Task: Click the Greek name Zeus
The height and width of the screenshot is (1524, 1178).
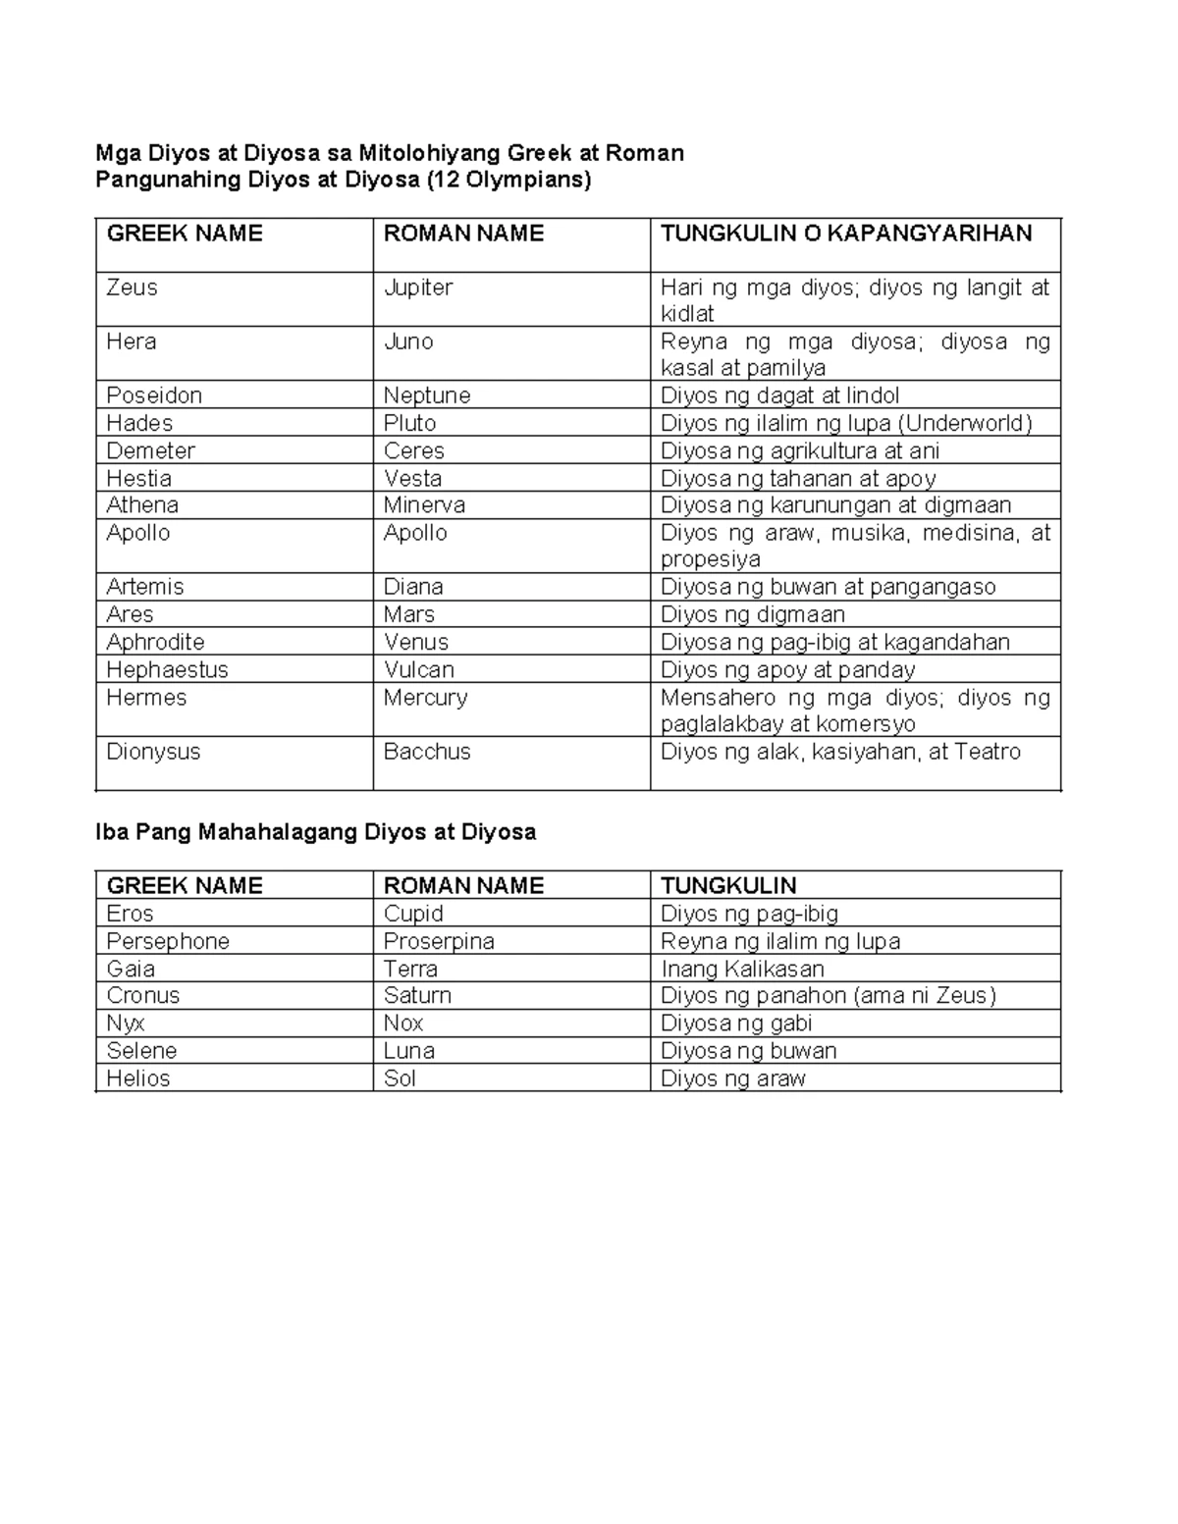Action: (x=133, y=288)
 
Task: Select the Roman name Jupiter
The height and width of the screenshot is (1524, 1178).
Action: (x=418, y=288)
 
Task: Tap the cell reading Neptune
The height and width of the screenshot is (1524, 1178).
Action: (x=427, y=395)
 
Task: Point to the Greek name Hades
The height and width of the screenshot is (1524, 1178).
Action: (x=139, y=423)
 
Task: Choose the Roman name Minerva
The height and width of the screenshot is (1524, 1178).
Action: (x=424, y=505)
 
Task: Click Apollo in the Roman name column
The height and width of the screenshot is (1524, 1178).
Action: (x=415, y=533)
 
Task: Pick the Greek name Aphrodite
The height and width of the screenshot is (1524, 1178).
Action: (x=156, y=642)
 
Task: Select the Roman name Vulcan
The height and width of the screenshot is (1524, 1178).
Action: (x=419, y=669)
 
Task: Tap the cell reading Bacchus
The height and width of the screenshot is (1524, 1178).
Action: (x=427, y=752)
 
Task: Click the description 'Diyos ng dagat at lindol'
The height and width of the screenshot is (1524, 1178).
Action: (x=779, y=395)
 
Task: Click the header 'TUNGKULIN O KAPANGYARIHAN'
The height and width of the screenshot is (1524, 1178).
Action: (x=846, y=234)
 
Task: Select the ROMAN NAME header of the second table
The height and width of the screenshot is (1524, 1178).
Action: (x=463, y=885)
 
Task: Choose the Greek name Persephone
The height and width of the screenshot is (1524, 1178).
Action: (x=168, y=941)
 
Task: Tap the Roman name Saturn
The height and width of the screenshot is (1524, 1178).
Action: (x=417, y=995)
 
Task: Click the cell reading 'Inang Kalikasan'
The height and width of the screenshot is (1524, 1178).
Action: (x=742, y=969)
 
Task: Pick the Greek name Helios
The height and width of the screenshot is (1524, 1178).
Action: (x=138, y=1077)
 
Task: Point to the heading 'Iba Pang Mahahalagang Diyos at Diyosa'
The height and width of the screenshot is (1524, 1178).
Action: (x=315, y=832)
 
